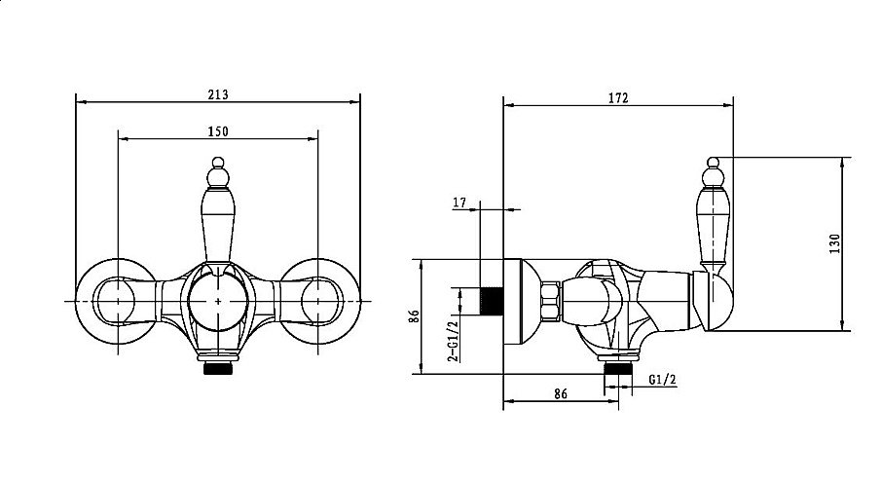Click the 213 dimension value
(x=218, y=94)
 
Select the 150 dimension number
(x=218, y=131)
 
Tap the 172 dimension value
(x=618, y=97)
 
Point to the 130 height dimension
(x=835, y=243)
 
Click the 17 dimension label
(x=459, y=203)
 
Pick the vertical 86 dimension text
(x=414, y=316)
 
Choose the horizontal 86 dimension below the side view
(x=560, y=394)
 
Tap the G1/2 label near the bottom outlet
(x=662, y=380)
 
